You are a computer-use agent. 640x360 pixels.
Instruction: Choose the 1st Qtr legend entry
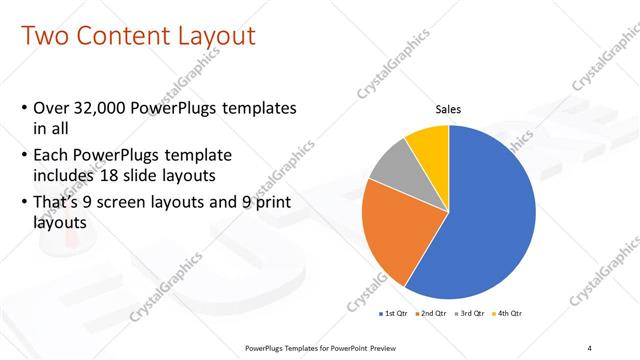point(395,313)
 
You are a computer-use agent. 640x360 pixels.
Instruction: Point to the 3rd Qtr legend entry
point(471,313)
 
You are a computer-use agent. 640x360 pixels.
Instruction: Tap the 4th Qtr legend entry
point(509,313)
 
